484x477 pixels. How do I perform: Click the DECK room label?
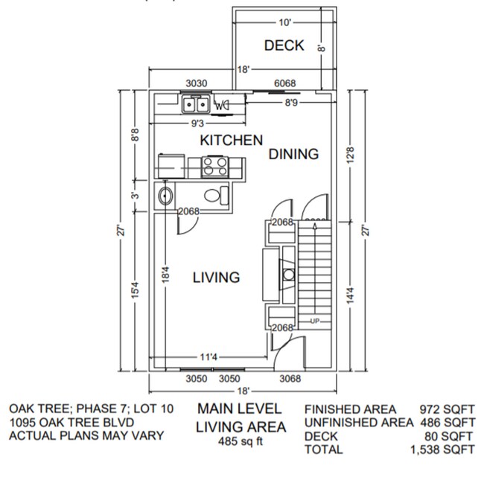pos(284,45)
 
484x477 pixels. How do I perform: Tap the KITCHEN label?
pos(231,140)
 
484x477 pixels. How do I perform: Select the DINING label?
pos(293,154)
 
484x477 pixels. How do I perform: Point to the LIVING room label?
pos(216,278)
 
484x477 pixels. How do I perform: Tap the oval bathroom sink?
pos(167,197)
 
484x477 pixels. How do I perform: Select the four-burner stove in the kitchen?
pos(215,165)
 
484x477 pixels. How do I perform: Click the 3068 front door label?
pos(290,379)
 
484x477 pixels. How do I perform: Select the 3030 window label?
pos(196,83)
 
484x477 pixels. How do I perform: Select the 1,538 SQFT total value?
pos(442,449)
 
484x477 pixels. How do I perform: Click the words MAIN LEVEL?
pos(240,409)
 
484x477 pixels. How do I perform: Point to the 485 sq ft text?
pos(240,441)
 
